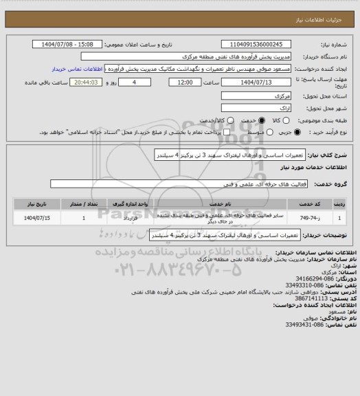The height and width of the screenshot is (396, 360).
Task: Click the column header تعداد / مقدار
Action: click(x=83, y=204)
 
